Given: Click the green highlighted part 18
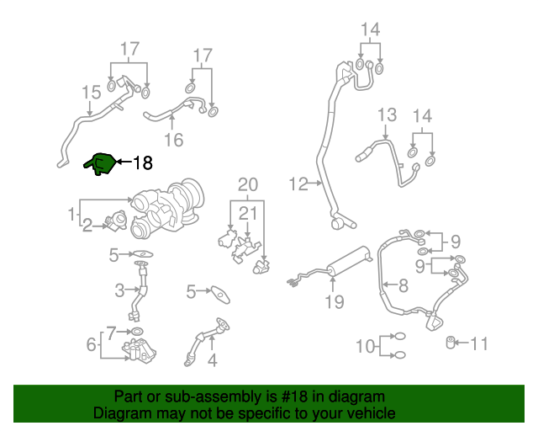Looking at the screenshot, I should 100,164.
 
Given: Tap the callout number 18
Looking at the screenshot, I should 143,162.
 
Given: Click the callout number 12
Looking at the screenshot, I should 299,183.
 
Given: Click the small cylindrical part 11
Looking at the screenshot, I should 451,342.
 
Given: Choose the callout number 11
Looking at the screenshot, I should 479,343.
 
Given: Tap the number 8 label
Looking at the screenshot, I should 403,285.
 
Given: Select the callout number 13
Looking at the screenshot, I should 386,115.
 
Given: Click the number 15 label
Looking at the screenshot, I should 90,92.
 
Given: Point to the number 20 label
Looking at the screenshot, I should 247,184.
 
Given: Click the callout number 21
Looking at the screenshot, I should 247,213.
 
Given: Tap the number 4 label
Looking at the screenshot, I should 212,361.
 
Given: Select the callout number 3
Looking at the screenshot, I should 119,291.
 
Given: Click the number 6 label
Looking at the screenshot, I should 91,344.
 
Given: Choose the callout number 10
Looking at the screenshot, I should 365,346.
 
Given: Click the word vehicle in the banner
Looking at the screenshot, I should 371,414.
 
